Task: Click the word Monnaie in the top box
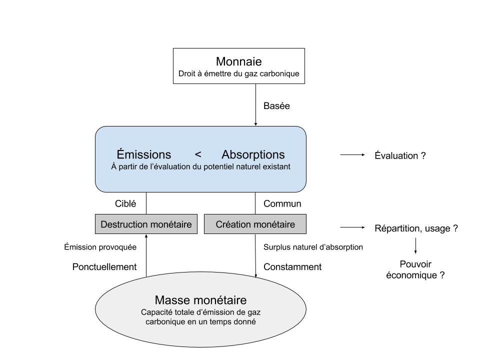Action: click(x=239, y=61)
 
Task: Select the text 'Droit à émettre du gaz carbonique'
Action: click(x=239, y=74)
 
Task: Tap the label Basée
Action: click(x=276, y=106)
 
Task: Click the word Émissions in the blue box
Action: click(x=144, y=154)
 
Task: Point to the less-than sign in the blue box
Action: click(x=198, y=154)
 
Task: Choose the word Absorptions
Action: click(x=253, y=154)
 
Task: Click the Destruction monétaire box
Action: click(x=146, y=224)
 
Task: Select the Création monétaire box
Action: click(x=255, y=224)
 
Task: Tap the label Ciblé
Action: click(x=125, y=203)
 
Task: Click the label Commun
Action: click(x=282, y=203)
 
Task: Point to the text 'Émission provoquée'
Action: click(x=100, y=247)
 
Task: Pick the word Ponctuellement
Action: click(x=104, y=267)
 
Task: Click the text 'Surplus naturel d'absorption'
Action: click(x=313, y=247)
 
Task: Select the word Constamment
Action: click(x=292, y=267)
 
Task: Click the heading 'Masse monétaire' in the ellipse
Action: click(x=201, y=300)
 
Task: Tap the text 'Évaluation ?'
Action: click(x=400, y=155)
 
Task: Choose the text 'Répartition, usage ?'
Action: click(x=416, y=228)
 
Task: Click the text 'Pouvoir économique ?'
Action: click(x=415, y=269)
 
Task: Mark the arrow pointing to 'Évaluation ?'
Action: click(x=352, y=155)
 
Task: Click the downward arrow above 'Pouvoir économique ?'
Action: click(x=415, y=246)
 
